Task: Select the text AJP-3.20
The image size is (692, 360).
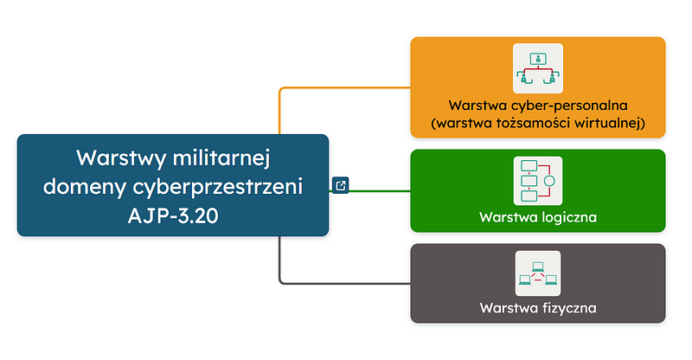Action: [173, 215]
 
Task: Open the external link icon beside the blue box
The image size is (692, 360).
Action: [341, 185]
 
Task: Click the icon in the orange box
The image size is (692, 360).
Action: [537, 68]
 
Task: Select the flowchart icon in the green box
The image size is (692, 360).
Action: [537, 181]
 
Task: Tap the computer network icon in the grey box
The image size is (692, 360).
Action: [537, 273]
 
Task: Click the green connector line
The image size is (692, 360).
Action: [381, 190]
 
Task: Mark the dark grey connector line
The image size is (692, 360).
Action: [346, 282]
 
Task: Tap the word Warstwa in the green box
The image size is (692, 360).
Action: [505, 216]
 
